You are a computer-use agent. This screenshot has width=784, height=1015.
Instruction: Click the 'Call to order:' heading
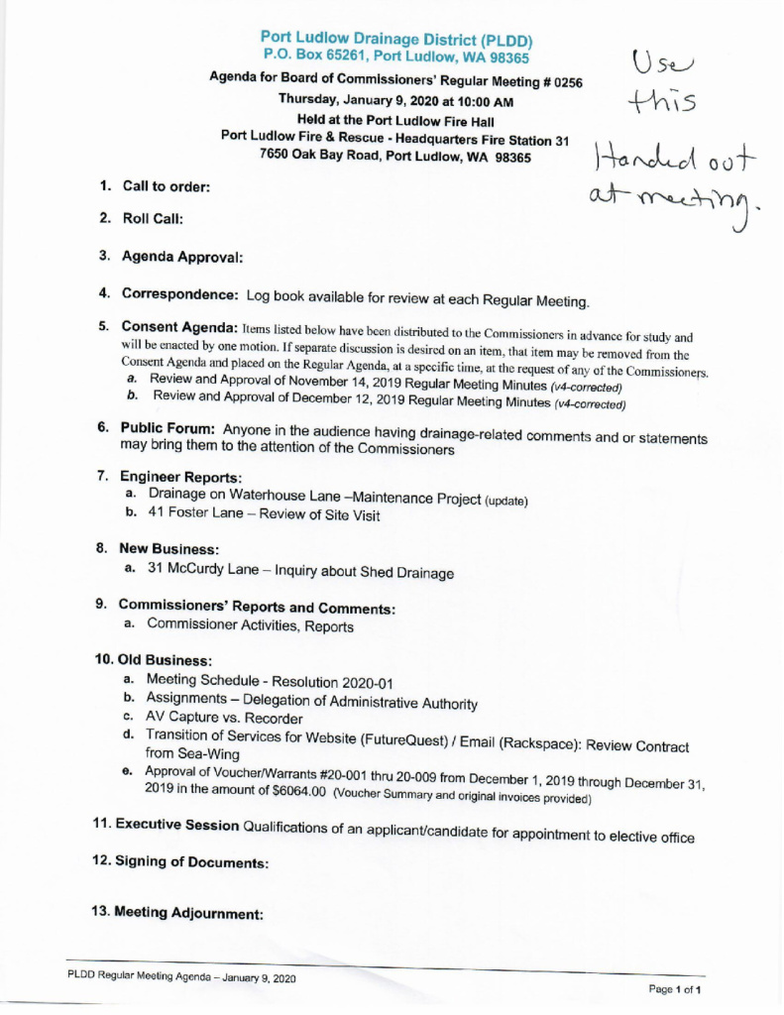[167, 186]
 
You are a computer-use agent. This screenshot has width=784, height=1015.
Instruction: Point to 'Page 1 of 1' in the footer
[675, 989]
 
